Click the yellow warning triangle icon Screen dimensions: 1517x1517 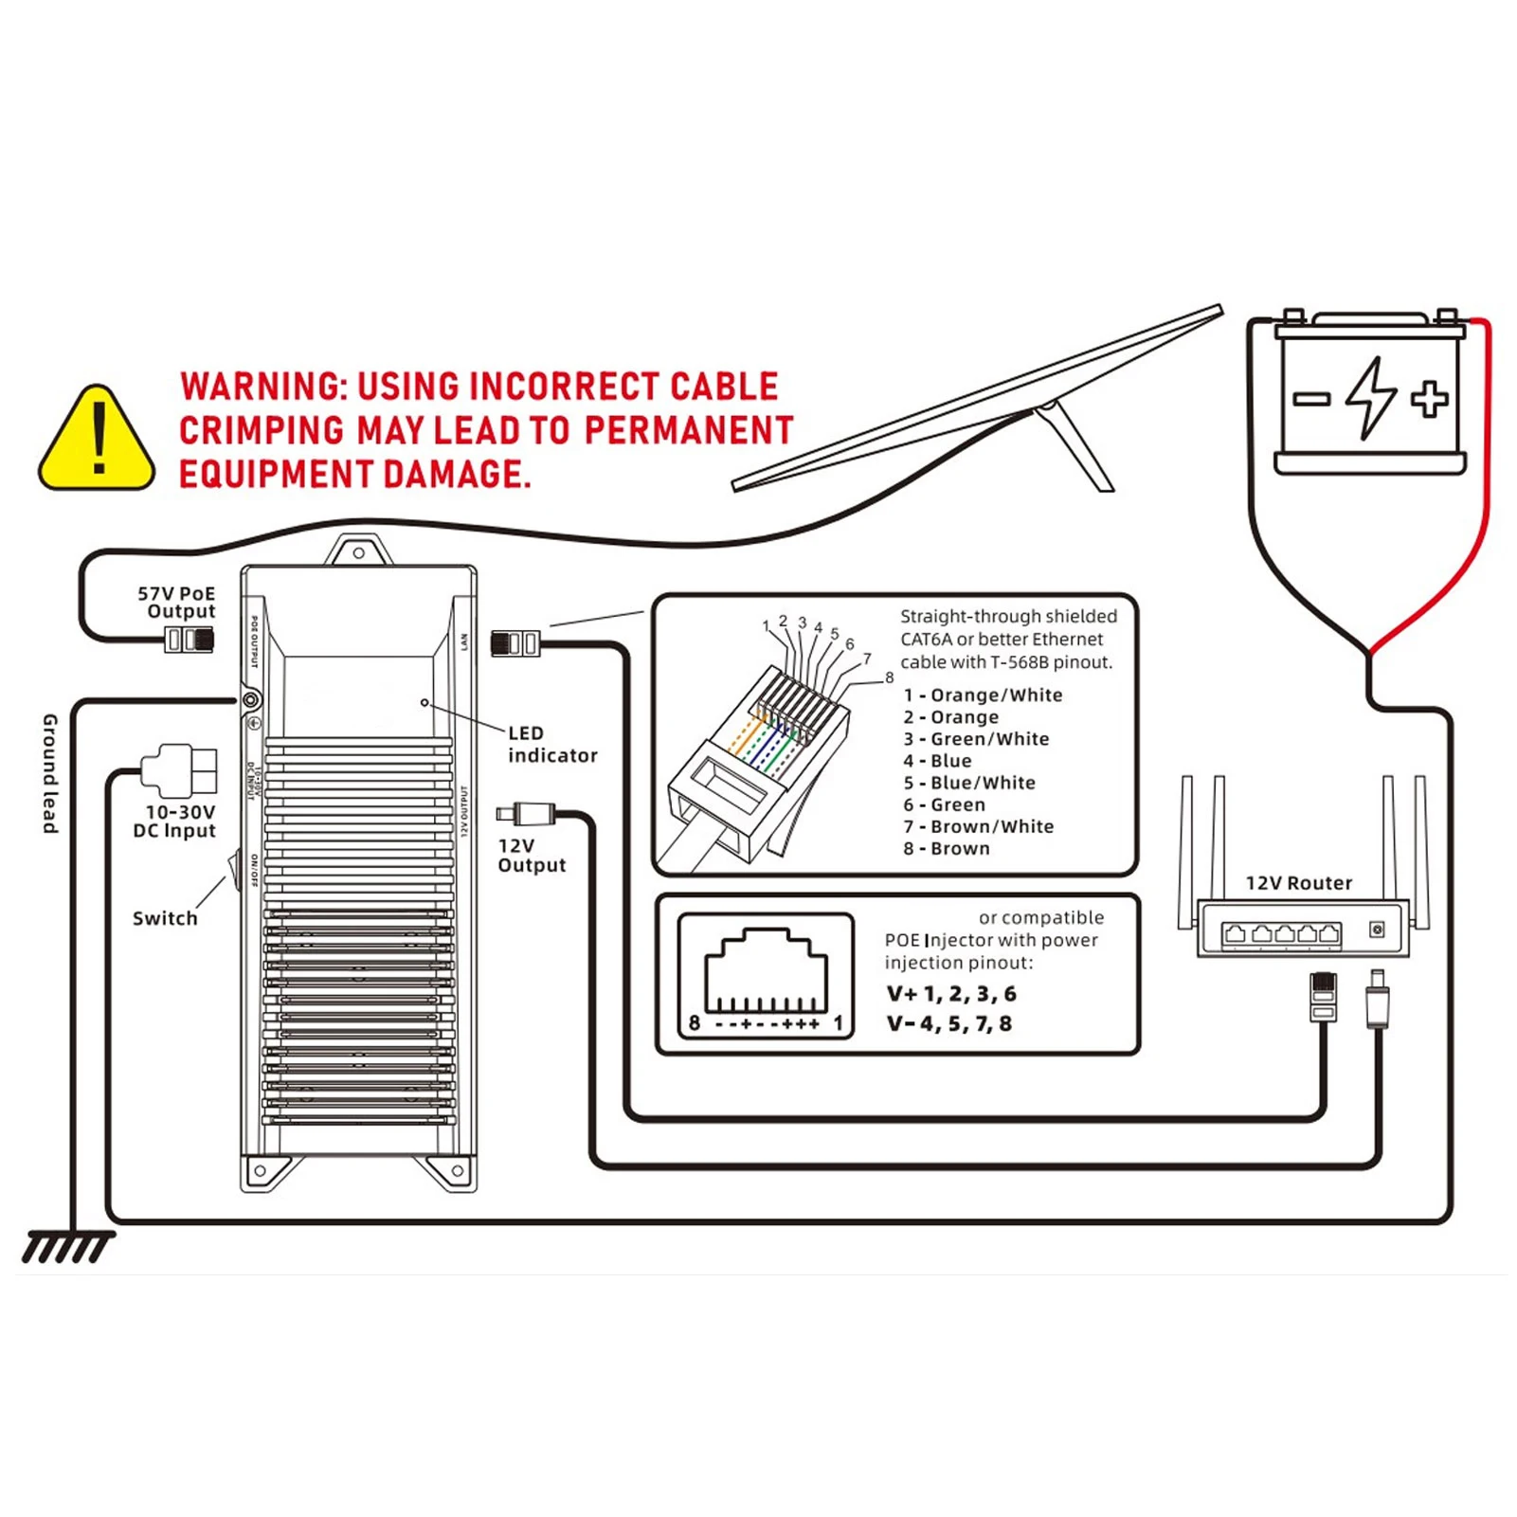[x=97, y=441]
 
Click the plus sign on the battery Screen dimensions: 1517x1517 [x=1429, y=398]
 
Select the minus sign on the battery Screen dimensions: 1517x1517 [x=1311, y=399]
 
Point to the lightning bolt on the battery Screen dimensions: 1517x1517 [x=1370, y=398]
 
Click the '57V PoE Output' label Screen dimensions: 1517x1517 [x=177, y=603]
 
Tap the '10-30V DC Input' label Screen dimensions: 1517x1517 [x=175, y=822]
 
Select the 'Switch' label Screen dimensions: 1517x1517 [x=165, y=918]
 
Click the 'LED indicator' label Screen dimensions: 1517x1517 [x=551, y=745]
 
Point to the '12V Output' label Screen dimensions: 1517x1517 [x=531, y=856]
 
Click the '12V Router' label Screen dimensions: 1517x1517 [x=1298, y=883]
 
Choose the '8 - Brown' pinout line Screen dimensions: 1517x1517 [x=946, y=849]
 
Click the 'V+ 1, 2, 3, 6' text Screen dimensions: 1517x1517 [x=951, y=994]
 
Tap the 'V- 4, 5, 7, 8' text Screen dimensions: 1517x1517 [x=949, y=1024]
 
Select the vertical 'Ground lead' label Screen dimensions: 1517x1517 [x=50, y=774]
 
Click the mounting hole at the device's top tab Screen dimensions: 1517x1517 [x=359, y=553]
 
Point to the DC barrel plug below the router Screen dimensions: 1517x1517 [x=1377, y=1000]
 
